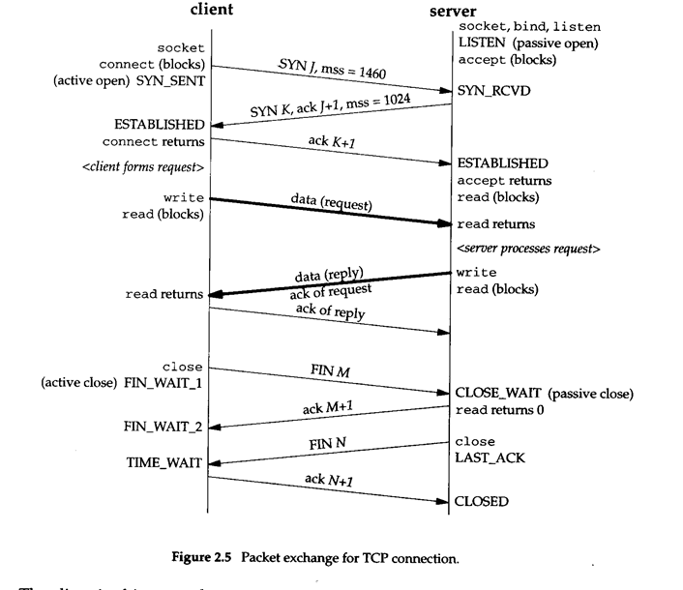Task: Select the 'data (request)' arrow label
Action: pyautogui.click(x=329, y=202)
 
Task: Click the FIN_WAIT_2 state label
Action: pyautogui.click(x=163, y=426)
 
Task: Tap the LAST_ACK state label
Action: pyautogui.click(x=490, y=457)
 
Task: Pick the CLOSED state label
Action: pyautogui.click(x=481, y=502)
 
